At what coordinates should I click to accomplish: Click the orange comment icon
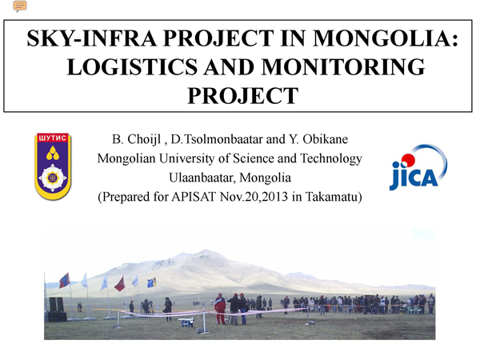click(x=19, y=6)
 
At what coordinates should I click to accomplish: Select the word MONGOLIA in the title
click(x=386, y=38)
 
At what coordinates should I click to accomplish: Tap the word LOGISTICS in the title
click(x=132, y=66)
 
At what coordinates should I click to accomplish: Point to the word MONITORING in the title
click(x=343, y=66)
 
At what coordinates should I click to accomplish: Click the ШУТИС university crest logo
click(x=53, y=166)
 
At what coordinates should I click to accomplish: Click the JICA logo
click(x=418, y=167)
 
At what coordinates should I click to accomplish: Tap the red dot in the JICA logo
click(x=408, y=161)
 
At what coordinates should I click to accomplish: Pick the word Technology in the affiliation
click(x=331, y=159)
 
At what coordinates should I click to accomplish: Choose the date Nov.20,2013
click(x=254, y=197)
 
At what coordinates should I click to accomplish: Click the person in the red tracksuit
click(x=220, y=309)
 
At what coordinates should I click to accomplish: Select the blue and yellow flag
click(x=152, y=282)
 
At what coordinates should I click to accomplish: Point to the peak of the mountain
click(x=206, y=250)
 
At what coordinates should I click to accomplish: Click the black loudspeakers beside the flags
click(x=57, y=309)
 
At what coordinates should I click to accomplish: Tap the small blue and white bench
click(x=186, y=322)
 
